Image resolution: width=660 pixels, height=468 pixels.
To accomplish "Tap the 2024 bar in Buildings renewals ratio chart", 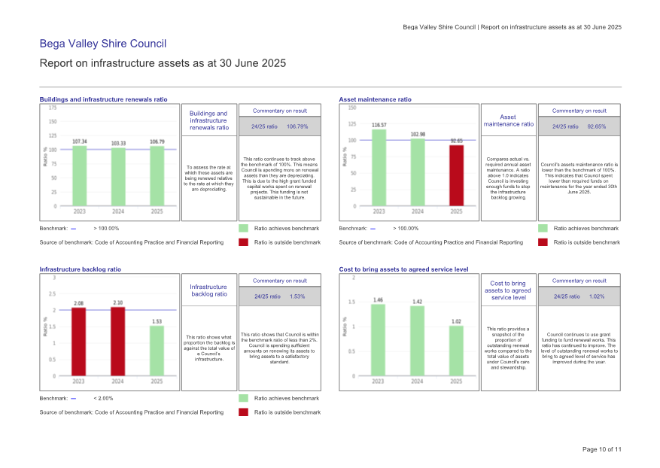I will coord(118,177).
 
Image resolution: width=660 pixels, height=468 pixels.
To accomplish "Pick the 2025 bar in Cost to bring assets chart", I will coord(457,351).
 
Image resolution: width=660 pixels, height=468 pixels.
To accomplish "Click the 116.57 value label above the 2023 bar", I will coord(379,125).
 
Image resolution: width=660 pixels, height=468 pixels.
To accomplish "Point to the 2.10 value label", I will coord(118,302).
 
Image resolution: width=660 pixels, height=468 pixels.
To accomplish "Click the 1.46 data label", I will coord(379,299).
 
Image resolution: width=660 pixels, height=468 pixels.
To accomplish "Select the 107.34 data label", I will coord(79,141).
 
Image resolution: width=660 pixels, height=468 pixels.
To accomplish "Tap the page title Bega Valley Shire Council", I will coord(102,44).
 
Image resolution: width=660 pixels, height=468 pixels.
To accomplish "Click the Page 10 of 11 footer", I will coord(602,449).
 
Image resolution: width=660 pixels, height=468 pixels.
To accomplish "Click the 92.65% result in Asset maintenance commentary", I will coord(597,126).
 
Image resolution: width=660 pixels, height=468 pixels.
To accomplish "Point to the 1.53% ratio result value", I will coord(297,296).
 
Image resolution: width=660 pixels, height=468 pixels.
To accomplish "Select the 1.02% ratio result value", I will coord(597,296).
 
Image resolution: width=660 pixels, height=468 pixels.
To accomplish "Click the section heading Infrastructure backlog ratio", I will coord(80,269).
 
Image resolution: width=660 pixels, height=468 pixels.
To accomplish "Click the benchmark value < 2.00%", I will coord(103,398).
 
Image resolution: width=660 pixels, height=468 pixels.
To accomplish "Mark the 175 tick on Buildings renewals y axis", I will coord(53,108).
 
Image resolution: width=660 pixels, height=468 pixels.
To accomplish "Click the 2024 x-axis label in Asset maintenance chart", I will coord(418,211).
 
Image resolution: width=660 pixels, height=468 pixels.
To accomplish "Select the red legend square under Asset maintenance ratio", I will coord(543,242).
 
